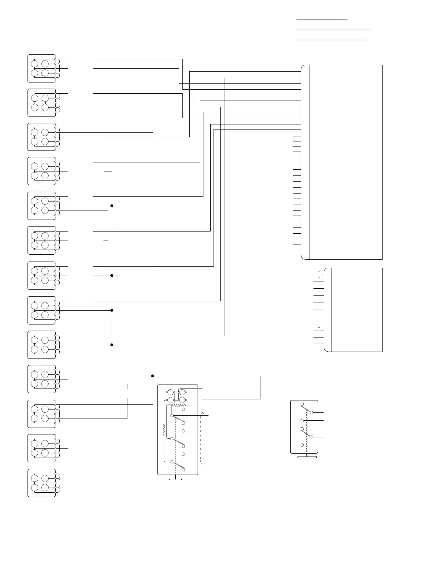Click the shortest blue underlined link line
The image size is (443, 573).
321,20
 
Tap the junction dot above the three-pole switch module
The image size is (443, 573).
153,376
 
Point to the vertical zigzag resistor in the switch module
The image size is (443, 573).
164,429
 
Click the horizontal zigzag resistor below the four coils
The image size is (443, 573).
179,406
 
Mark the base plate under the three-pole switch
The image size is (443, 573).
176,479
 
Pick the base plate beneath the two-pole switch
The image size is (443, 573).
307,458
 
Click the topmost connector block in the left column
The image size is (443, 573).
42,68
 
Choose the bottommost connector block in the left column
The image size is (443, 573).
42,483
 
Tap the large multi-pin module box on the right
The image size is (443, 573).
342,162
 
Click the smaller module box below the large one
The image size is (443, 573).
353,310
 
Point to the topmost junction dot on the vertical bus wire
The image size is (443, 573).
112,206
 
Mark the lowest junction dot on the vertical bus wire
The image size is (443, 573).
112,345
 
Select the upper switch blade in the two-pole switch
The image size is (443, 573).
307,408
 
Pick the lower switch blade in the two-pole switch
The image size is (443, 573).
307,433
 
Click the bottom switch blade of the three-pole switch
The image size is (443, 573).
177,465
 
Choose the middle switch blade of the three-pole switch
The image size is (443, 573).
177,442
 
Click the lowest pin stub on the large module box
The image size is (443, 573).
297,245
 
